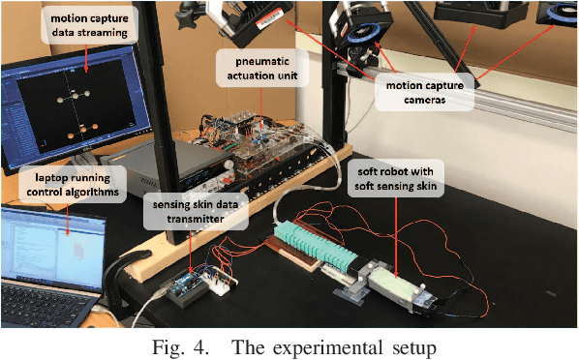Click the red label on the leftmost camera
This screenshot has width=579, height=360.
pos(274,12)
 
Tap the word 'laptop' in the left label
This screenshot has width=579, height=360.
pos(44,178)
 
